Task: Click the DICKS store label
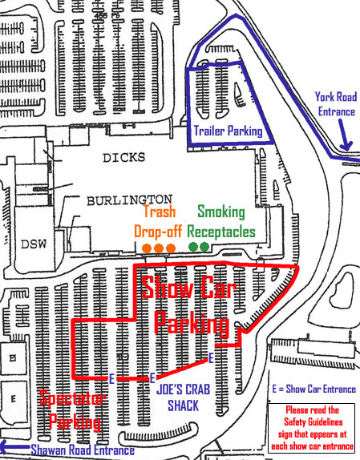121,159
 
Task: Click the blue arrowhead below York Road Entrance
346,146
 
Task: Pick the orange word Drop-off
160,232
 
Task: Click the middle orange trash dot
160,248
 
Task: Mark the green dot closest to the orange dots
192,247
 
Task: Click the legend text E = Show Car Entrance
313,389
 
